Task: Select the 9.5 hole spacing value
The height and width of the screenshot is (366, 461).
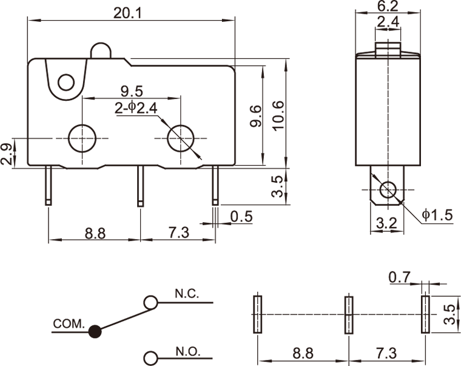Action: (132, 92)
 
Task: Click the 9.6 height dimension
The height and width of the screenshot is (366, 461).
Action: (255, 115)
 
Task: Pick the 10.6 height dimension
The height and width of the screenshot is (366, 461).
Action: (278, 115)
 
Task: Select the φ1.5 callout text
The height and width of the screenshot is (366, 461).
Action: (437, 215)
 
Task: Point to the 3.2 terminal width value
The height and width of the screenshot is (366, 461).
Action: (386, 223)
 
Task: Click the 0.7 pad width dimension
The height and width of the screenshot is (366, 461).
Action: (400, 277)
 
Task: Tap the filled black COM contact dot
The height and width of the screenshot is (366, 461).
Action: (95, 331)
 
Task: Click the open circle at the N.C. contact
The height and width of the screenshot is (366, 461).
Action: (150, 301)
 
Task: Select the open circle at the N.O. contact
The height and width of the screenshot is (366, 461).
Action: (150, 356)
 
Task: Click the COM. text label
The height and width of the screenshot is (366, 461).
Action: (69, 324)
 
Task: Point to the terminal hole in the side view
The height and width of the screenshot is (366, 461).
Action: (386, 191)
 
